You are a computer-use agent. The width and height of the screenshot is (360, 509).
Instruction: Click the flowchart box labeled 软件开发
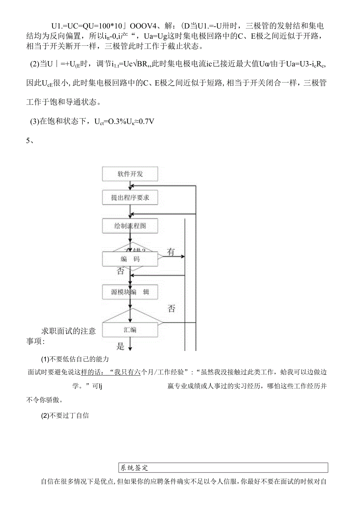click(x=130, y=174)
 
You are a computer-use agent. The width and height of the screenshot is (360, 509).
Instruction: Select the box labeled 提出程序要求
click(x=130, y=198)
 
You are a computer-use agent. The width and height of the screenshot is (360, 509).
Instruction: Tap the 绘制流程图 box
click(x=130, y=226)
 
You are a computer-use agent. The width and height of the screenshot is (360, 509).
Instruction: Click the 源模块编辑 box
click(x=130, y=292)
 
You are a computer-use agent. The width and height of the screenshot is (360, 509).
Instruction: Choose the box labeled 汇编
click(x=130, y=329)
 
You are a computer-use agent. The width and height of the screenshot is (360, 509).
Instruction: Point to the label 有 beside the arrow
click(x=171, y=252)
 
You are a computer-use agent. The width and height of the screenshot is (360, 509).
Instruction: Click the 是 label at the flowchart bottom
click(x=121, y=345)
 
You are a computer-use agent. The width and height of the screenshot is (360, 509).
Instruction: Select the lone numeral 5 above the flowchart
click(x=28, y=141)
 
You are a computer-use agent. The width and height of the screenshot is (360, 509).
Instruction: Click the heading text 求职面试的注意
click(x=68, y=331)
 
